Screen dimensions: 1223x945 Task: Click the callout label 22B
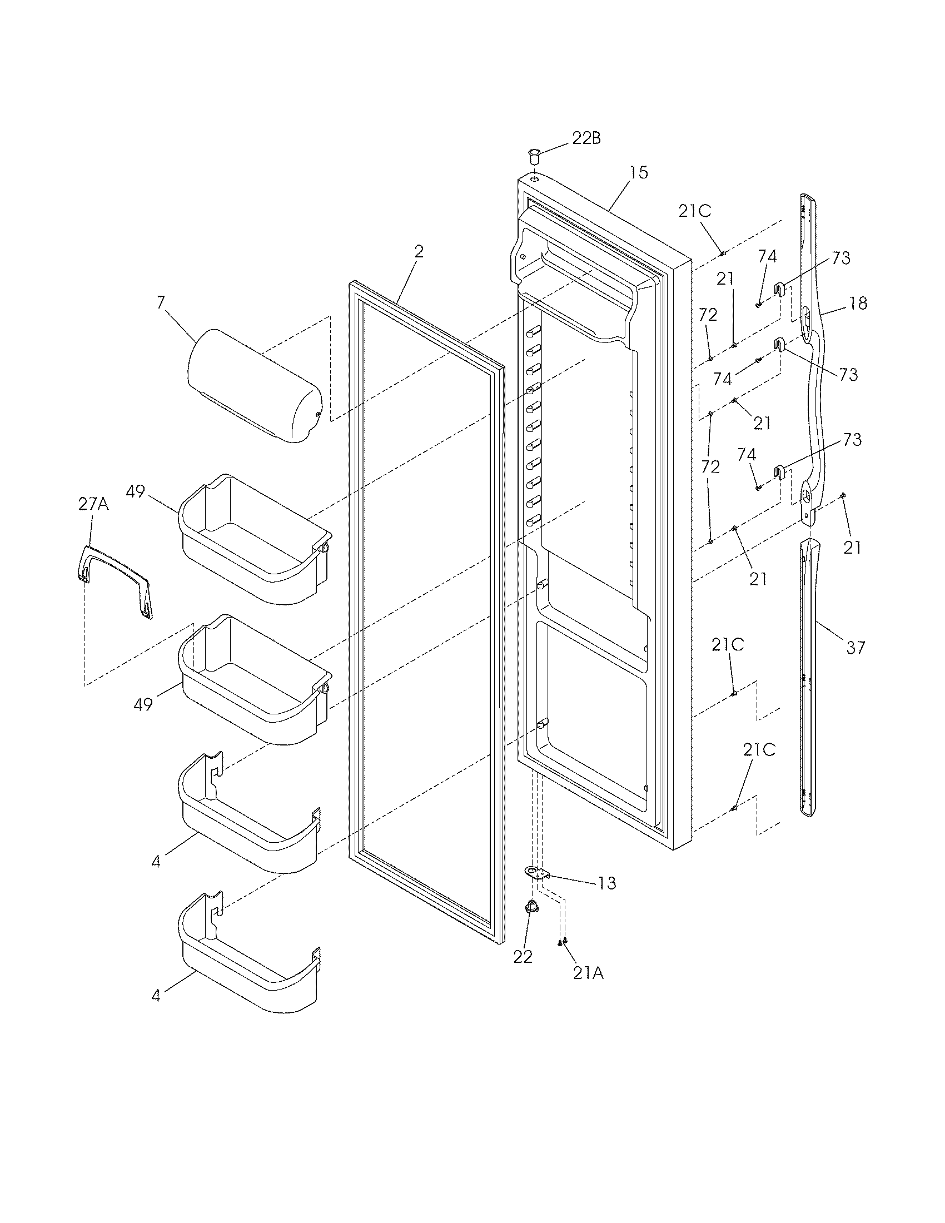586,138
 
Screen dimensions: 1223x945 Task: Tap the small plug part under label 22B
534,155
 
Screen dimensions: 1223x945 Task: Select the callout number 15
638,172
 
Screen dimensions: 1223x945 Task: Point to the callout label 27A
93,504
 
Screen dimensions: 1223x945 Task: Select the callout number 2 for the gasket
419,251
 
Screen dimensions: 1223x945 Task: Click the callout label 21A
588,973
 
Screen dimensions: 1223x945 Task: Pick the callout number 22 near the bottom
523,957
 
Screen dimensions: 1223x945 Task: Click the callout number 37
855,648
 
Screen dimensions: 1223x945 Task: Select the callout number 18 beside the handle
858,303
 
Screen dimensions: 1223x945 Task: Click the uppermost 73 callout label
840,258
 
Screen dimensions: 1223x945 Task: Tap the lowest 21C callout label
759,750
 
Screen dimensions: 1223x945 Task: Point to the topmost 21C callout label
695,211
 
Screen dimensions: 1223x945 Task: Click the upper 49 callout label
136,491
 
